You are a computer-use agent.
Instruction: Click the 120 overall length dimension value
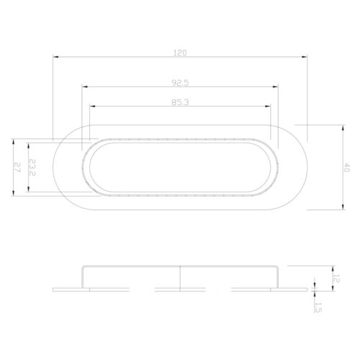tap(180, 53)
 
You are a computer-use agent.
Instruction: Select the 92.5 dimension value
tap(180, 83)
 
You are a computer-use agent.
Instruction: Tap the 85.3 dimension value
tap(180, 102)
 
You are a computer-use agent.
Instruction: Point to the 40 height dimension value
tap(346, 167)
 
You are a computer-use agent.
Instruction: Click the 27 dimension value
tap(17, 167)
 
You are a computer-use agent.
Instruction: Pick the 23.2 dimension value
tap(32, 167)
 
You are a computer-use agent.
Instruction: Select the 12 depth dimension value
tap(337, 279)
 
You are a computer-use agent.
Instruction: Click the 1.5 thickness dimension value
tap(318, 307)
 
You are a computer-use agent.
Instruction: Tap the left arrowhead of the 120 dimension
tap(55, 57)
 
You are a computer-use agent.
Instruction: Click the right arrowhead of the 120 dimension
tap(305, 57)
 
